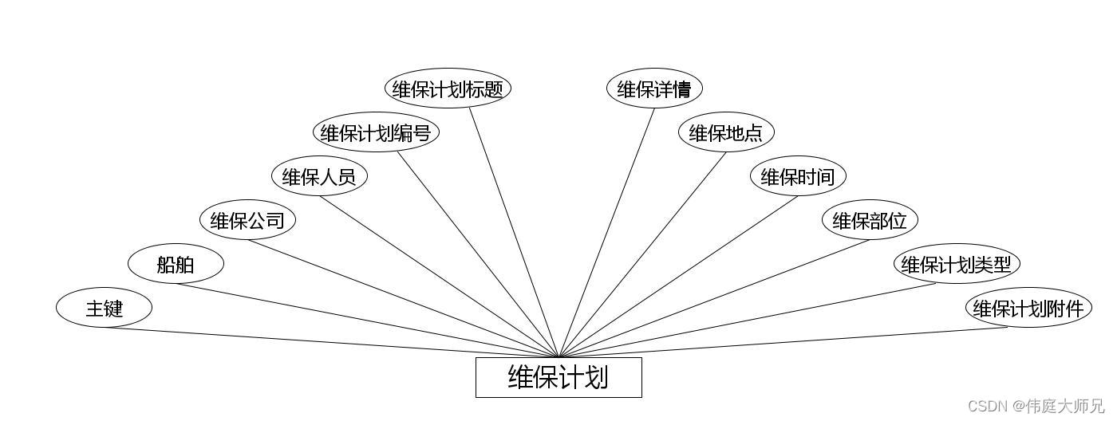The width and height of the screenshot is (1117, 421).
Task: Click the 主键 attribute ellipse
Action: click(104, 308)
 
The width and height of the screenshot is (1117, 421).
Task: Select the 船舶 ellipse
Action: click(176, 264)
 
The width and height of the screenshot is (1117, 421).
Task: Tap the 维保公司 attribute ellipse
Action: click(247, 220)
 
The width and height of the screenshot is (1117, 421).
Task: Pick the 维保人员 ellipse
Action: click(319, 176)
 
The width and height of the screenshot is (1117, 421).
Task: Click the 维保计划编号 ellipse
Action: click(376, 132)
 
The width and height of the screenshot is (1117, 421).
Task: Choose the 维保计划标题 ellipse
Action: click(448, 89)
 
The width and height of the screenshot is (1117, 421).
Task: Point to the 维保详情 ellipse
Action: click(654, 89)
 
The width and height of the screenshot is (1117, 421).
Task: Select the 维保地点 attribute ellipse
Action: click(726, 132)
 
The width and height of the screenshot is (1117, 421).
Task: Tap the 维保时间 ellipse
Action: click(798, 176)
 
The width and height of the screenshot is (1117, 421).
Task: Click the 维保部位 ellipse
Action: click(870, 220)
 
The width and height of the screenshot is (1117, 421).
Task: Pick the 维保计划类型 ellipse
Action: click(957, 264)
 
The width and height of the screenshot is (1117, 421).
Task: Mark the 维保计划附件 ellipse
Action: click(1028, 308)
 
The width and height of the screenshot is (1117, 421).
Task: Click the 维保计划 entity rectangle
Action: click(558, 377)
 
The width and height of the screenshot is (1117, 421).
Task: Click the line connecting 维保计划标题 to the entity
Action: click(514, 231)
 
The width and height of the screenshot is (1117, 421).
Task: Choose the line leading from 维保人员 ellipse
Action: click(439, 276)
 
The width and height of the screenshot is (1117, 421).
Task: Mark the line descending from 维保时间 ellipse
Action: click(678, 276)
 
